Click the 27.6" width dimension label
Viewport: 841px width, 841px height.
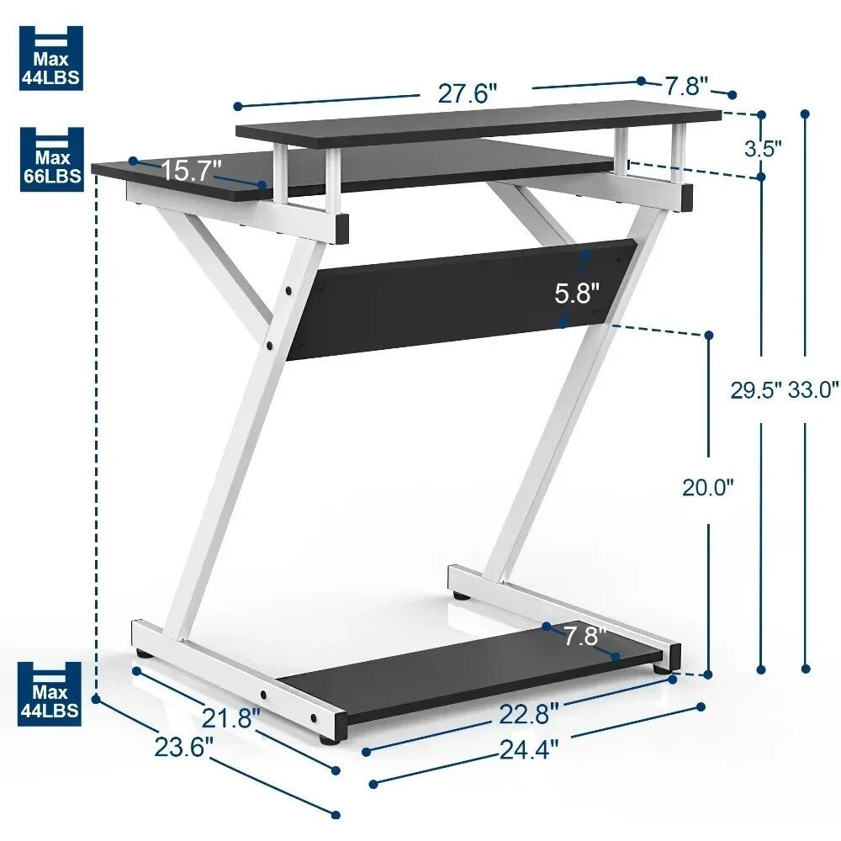click(x=468, y=93)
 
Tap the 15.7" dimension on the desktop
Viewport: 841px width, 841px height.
click(x=191, y=170)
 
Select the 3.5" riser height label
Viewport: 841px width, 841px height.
click(x=763, y=148)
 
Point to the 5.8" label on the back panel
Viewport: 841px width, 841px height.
click(x=577, y=294)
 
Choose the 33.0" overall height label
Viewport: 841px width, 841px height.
click(x=813, y=389)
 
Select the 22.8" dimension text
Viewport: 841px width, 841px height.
click(x=528, y=714)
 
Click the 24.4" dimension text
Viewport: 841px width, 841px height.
click(x=528, y=748)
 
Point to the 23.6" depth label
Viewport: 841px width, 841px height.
click(x=184, y=746)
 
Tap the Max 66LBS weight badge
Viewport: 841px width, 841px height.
click(x=51, y=160)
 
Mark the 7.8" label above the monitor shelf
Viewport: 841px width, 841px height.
click(x=686, y=86)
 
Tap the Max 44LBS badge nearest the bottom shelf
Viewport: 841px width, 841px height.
click(x=51, y=693)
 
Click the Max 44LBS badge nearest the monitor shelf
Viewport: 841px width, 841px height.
click(x=51, y=57)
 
